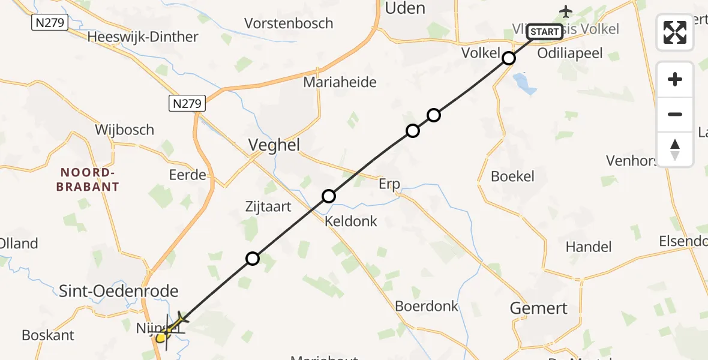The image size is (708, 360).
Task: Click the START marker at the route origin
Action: click(x=545, y=32)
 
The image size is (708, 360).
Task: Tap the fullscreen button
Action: click(x=675, y=32)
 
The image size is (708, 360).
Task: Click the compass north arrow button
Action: click(x=675, y=149)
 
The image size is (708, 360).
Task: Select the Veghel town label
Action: click(x=274, y=145)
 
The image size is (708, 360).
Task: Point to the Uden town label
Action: click(x=404, y=8)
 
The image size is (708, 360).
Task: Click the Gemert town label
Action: click(x=538, y=308)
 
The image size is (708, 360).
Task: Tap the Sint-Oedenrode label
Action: click(x=119, y=292)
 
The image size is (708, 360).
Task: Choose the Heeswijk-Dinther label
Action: click(x=142, y=37)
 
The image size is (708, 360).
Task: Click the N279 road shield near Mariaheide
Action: click(x=187, y=103)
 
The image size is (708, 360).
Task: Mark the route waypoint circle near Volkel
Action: click(x=509, y=58)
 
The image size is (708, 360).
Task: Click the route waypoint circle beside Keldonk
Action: click(x=329, y=196)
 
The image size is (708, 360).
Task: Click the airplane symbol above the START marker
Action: click(x=565, y=11)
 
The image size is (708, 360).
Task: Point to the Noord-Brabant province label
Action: click(x=88, y=179)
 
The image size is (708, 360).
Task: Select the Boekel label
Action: click(x=512, y=176)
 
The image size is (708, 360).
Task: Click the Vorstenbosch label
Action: click(x=289, y=23)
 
